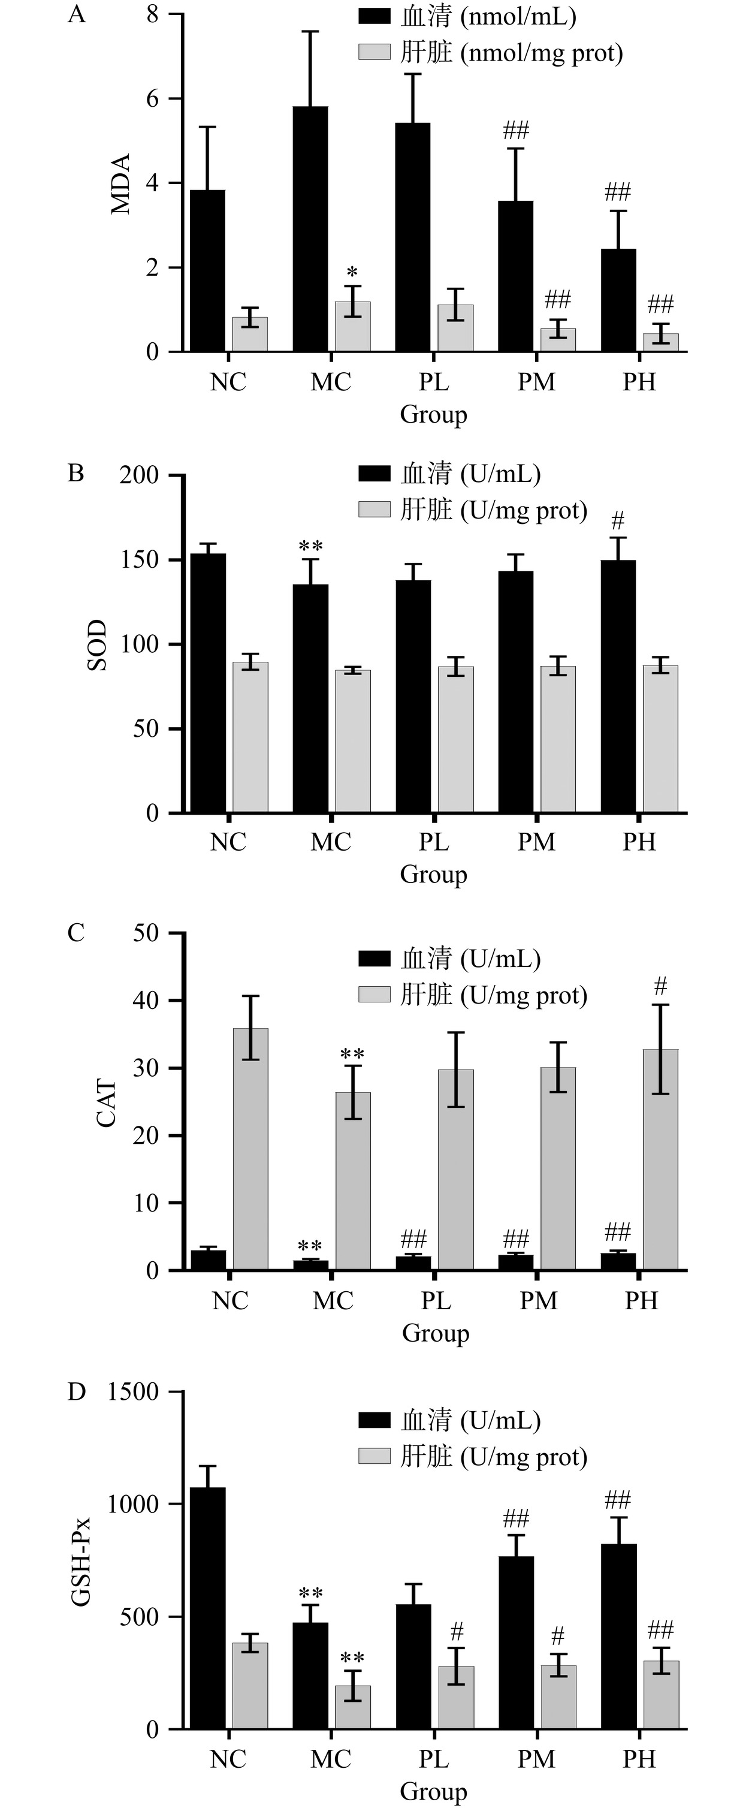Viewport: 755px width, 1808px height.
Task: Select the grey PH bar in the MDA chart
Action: pos(660,342)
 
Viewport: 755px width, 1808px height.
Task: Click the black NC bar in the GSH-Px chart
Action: pos(208,1607)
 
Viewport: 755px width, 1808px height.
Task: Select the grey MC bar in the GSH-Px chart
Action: pos(353,1707)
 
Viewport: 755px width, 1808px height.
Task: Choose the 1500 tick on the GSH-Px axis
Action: pos(133,1392)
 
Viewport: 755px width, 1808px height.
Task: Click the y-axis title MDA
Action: pos(120,184)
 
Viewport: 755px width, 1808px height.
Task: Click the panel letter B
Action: pos(75,473)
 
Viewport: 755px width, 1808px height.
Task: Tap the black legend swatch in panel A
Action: pos(374,16)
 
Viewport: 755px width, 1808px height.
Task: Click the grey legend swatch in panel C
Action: pos(374,995)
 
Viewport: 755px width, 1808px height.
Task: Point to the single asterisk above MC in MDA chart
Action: pos(352,272)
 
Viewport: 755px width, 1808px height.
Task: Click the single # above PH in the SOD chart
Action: pos(617,521)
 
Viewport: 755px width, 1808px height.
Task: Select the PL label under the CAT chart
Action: pos(436,1301)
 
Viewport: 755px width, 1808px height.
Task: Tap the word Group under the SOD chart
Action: pos(434,875)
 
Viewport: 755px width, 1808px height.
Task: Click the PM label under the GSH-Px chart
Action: pos(536,1759)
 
